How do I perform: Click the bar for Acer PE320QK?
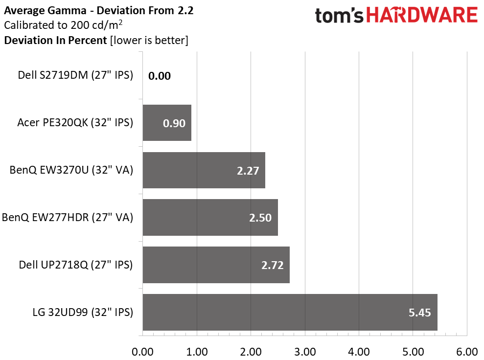pos(167,123)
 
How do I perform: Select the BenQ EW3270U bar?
pos(204,170)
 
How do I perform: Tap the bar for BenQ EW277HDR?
pos(210,218)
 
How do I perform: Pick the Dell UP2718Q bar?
pos(216,265)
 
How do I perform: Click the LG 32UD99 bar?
pos(290,312)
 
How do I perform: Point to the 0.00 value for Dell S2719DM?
pos(159,76)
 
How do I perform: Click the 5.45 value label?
pos(419,313)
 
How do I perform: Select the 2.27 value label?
pos(248,171)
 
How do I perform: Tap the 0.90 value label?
pos(174,123)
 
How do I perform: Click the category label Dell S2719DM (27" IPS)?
pos(75,75)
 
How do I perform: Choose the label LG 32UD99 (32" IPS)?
pos(83,312)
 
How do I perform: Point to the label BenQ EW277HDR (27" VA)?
pos(68,218)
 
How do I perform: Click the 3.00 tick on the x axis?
pos(305,352)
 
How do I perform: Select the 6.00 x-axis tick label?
pos(467,352)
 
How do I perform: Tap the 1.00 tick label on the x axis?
pos(197,352)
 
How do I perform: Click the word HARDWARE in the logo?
pos(422,15)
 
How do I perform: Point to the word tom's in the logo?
pos(339,16)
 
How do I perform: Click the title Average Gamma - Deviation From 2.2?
pos(99,10)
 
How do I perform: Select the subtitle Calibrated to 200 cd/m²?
pos(63,24)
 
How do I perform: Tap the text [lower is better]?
pos(149,41)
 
